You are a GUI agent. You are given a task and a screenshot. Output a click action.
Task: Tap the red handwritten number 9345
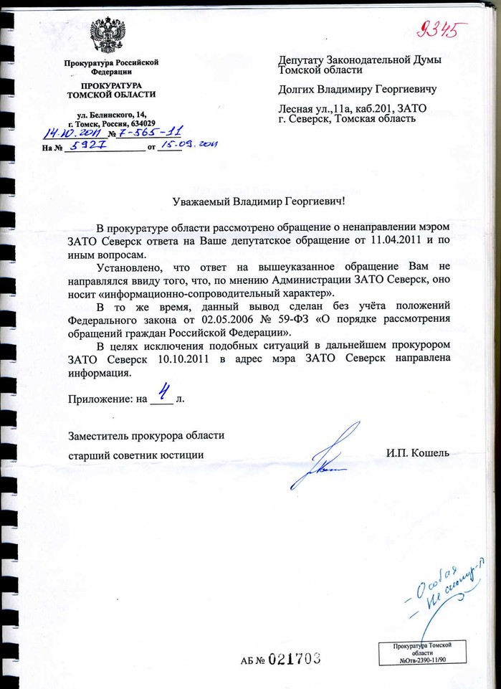pyautogui.click(x=441, y=31)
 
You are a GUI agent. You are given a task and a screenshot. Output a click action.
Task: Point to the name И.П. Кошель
pyautogui.click(x=417, y=453)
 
